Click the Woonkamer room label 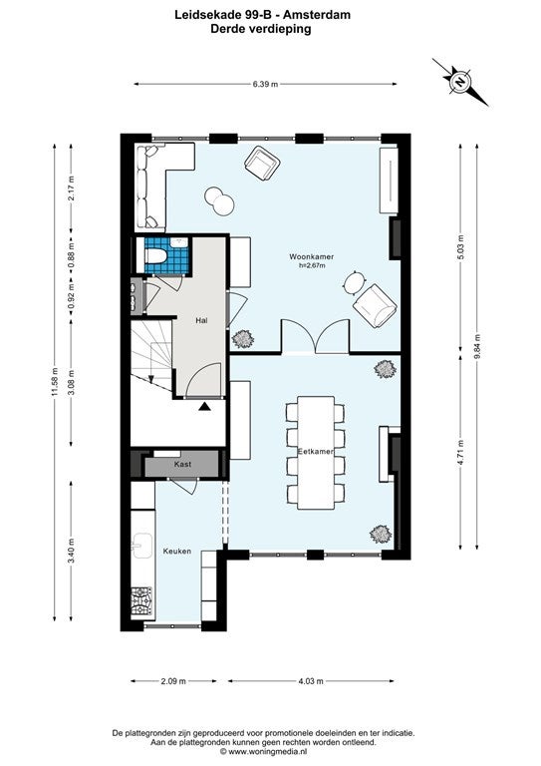[x=311, y=256]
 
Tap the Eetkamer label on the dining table [x=315, y=452]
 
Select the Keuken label [x=176, y=551]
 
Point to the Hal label [x=201, y=320]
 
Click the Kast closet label [x=183, y=464]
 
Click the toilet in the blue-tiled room [x=156, y=255]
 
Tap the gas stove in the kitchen [x=141, y=600]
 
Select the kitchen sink [x=141, y=546]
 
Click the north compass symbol [x=459, y=82]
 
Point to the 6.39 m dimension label [x=265, y=84]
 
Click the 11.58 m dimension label [x=55, y=383]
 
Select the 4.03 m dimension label [x=311, y=681]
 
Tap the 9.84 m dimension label [x=477, y=346]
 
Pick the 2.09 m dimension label [x=173, y=681]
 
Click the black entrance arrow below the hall [x=205, y=406]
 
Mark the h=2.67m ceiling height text [x=312, y=265]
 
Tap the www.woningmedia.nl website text [x=267, y=752]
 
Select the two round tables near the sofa [x=219, y=199]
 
